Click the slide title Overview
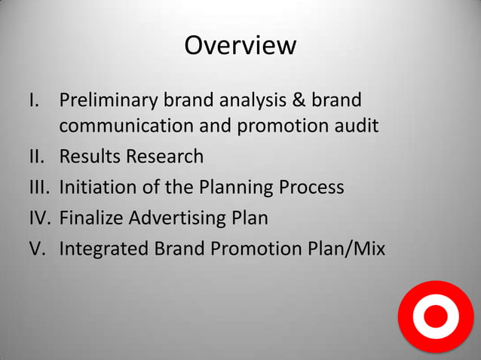pos(240,45)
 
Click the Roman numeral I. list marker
pos(33,100)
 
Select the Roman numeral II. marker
pos(36,157)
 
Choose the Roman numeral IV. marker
pos(39,218)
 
